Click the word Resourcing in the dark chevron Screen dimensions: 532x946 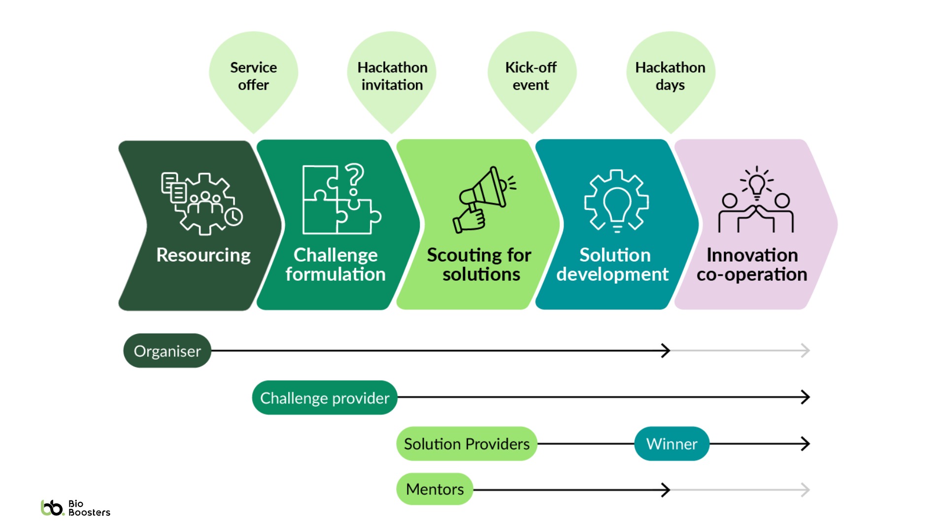pos(203,255)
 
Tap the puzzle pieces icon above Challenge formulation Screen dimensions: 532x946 pos(341,200)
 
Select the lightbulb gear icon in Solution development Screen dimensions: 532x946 pos(616,201)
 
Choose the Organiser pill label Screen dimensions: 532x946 pos(167,351)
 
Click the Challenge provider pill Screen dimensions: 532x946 pos(325,398)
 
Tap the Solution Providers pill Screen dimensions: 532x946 pos(467,444)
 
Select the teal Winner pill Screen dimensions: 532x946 pos(672,444)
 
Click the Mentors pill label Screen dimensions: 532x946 pos(435,489)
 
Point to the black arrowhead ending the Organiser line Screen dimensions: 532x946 pos(666,351)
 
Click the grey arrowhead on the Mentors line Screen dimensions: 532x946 pos(806,490)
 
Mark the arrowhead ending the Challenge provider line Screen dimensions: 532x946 pos(806,397)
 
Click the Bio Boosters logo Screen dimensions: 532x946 pos(75,508)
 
